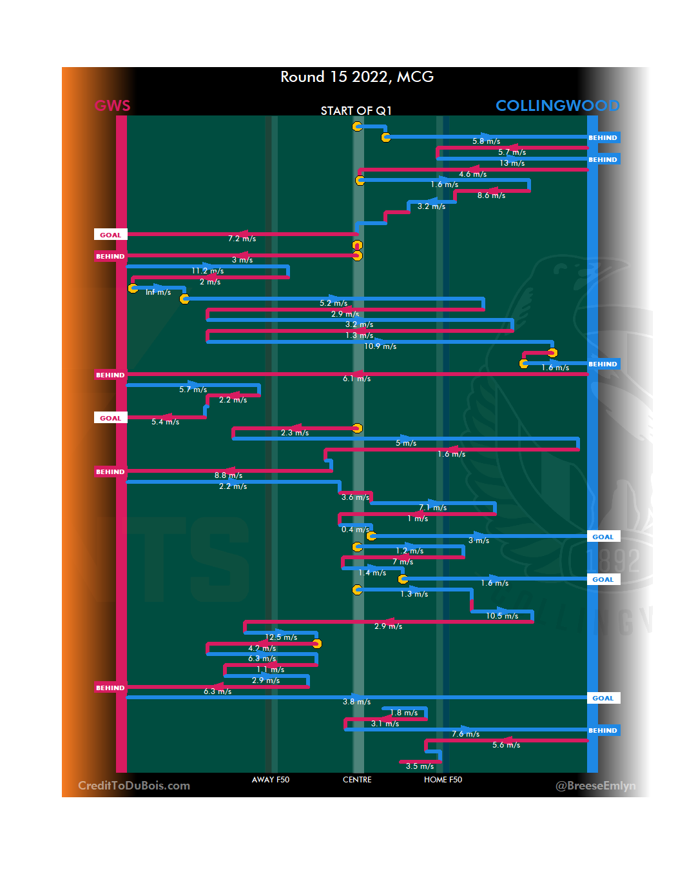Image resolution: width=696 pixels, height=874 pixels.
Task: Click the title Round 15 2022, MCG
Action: pos(357,77)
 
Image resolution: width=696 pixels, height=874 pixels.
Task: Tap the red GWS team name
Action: pos(113,106)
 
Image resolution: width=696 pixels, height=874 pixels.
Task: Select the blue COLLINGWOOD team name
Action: pos(557,106)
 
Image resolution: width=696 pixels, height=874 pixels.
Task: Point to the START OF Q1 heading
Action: pos(356,111)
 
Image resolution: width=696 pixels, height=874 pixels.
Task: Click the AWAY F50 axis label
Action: pos(271,780)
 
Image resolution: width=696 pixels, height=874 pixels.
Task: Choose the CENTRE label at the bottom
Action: pos(357,780)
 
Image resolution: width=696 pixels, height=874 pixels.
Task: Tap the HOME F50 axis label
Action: pos(443,780)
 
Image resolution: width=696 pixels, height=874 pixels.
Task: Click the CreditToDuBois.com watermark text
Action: pos(134,786)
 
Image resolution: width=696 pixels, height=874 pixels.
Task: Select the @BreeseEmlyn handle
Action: pos(595,786)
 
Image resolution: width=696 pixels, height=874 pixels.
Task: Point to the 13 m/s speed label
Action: pos(512,163)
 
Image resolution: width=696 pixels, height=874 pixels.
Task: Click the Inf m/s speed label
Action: pos(158,292)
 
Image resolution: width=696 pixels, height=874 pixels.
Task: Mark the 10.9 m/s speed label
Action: pos(380,346)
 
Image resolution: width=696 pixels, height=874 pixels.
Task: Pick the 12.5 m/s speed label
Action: pos(281,637)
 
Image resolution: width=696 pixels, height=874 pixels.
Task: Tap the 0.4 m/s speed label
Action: pos(355,530)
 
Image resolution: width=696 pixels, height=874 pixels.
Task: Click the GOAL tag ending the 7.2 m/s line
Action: pos(110,235)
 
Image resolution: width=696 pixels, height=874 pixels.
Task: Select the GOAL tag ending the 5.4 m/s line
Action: pos(110,418)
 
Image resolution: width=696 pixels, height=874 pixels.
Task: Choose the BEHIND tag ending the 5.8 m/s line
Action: pos(603,137)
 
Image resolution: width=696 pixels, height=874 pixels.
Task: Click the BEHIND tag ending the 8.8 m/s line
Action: pos(110,472)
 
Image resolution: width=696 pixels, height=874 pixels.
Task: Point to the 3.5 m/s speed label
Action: pos(420,766)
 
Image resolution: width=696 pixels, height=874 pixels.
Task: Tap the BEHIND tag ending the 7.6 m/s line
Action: pos(603,730)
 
